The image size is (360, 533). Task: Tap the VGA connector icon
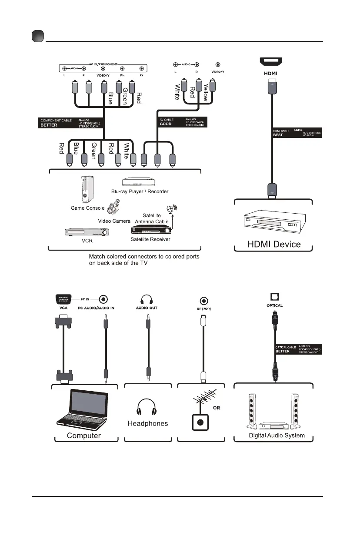point(64,299)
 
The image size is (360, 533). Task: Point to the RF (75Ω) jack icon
point(203,301)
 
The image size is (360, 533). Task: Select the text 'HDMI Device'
point(273,244)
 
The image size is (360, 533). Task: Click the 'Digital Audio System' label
point(277,435)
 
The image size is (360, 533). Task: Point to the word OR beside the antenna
point(217,408)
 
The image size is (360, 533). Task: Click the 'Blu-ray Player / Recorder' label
point(140,191)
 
